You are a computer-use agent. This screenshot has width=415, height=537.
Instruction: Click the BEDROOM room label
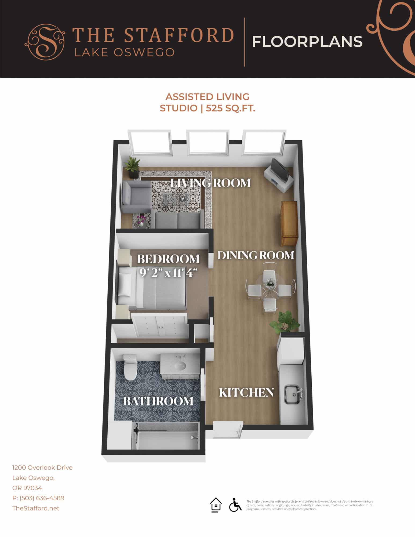[x=168, y=259]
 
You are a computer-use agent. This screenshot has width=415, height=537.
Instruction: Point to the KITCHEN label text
[x=246, y=393]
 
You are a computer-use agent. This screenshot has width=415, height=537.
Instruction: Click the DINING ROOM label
[x=256, y=255]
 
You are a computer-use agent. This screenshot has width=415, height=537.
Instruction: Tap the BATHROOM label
[x=158, y=401]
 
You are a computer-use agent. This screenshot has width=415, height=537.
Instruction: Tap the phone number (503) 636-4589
[x=42, y=498]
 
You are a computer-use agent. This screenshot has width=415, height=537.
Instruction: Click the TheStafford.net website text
[x=36, y=508]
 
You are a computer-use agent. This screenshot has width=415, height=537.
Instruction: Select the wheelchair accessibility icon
[x=235, y=505]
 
